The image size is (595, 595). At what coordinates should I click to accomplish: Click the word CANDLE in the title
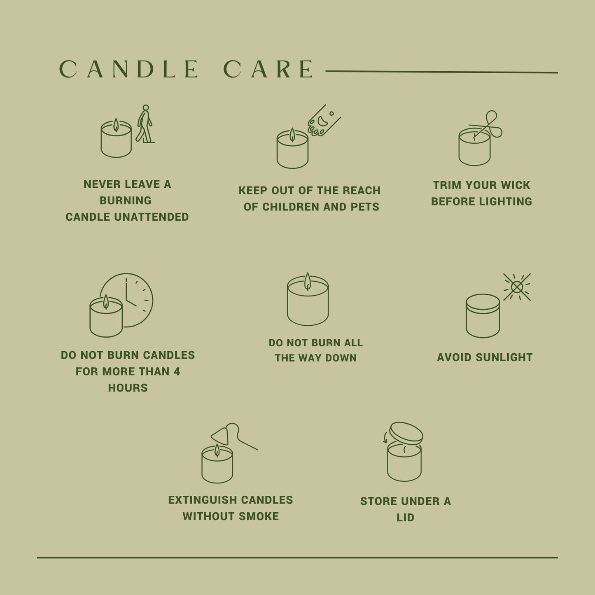129,69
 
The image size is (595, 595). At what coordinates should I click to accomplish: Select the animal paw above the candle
324,120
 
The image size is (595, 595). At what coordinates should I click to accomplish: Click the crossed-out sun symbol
517,287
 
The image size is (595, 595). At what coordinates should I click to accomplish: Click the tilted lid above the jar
406,433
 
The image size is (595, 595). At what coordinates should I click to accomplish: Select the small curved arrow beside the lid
385,438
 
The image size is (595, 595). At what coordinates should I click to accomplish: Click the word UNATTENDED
151,217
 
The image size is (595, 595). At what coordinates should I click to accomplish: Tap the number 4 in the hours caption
177,371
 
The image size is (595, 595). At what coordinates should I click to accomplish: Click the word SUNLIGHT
504,357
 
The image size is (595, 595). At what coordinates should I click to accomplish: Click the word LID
406,518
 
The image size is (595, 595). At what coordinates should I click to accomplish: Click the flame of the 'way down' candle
308,282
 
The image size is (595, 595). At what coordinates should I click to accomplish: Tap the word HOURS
128,388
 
